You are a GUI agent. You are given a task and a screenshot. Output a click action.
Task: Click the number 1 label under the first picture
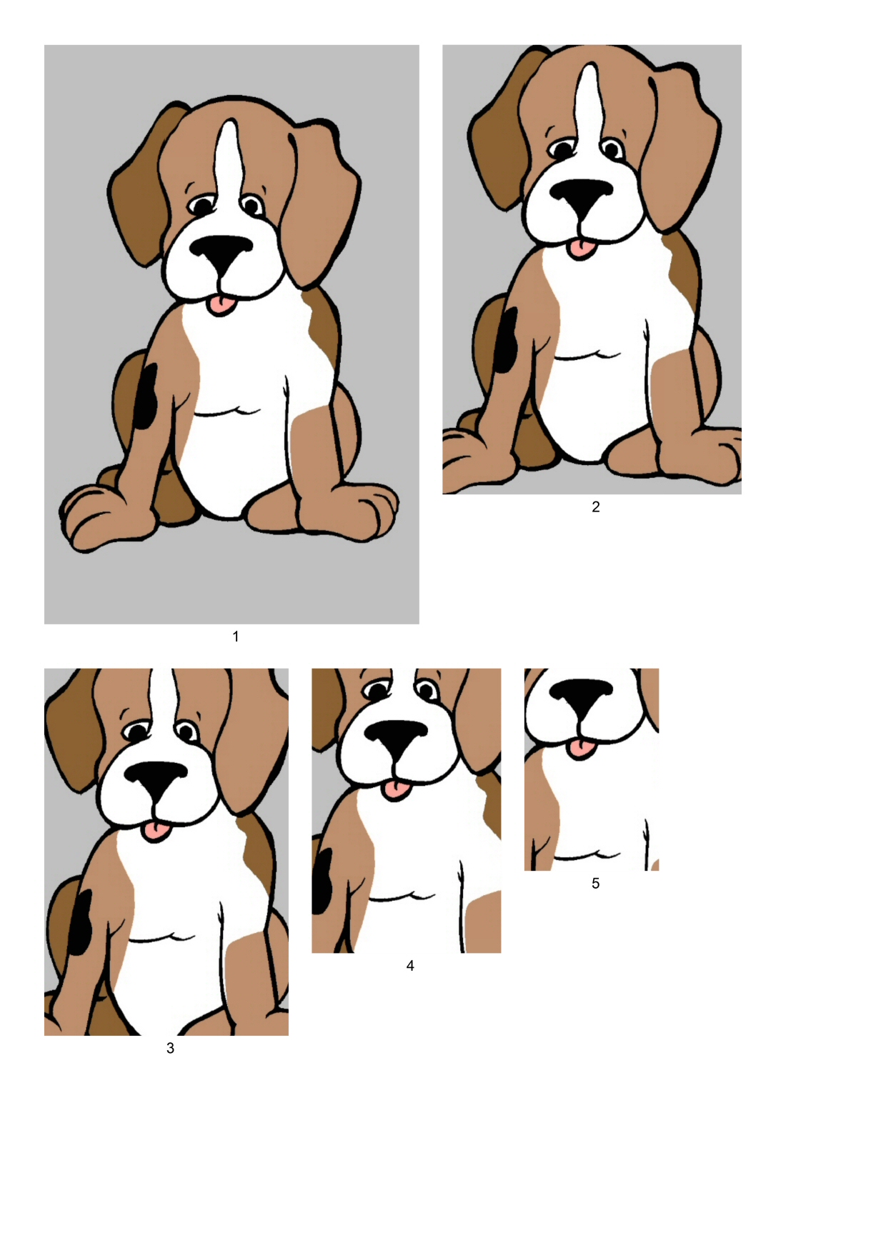click(236, 637)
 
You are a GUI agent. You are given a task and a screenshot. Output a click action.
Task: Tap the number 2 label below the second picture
click(596, 506)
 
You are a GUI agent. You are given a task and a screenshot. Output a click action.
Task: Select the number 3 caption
click(170, 1048)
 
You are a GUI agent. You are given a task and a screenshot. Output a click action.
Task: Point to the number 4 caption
click(410, 966)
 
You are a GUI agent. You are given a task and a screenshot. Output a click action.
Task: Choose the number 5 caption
click(595, 884)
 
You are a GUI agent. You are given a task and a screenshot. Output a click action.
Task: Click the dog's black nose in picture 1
click(221, 254)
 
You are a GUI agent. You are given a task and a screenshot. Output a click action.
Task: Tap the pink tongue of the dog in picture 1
click(221, 305)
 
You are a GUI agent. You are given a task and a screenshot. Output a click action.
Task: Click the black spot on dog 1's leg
click(146, 396)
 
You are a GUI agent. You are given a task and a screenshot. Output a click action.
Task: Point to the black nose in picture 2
click(581, 195)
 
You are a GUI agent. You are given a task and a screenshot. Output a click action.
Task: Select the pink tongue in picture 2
click(581, 249)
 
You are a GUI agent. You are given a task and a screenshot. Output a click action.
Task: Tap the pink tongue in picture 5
click(581, 749)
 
